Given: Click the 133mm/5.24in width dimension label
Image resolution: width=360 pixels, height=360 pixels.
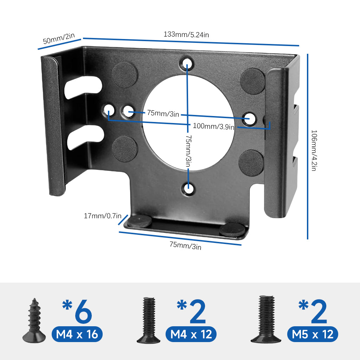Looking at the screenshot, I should (186, 34).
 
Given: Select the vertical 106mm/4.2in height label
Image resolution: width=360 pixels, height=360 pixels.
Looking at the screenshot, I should (314, 151).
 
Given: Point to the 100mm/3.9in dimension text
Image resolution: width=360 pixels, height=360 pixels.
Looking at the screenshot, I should (213, 126).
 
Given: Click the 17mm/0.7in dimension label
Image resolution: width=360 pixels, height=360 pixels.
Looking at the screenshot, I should (102, 216).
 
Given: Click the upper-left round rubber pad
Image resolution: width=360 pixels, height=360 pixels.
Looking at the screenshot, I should (125, 75).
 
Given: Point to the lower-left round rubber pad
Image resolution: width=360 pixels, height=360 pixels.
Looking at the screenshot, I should (125, 149).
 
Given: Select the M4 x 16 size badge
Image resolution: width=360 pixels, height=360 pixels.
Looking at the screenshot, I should (77, 334).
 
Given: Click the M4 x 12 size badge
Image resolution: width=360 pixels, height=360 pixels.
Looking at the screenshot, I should (191, 334).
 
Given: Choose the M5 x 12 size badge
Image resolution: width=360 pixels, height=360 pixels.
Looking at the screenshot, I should (313, 334).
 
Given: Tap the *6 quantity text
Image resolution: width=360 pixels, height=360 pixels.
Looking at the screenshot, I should (77, 311).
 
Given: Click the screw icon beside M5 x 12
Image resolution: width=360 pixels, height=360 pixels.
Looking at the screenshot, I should (266, 319).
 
